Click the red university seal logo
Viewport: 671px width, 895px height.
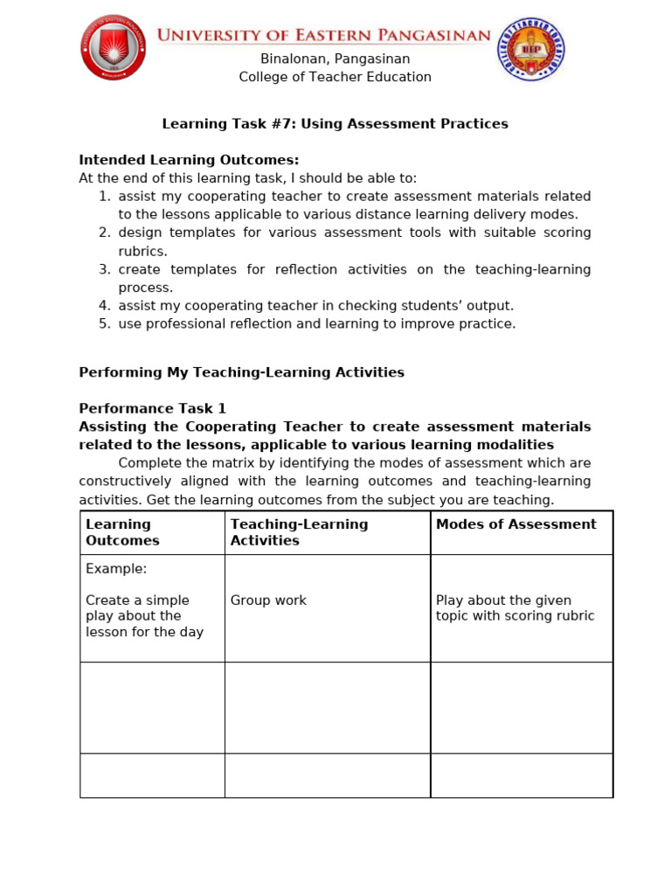[x=113, y=48]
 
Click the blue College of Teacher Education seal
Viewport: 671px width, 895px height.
[x=530, y=50]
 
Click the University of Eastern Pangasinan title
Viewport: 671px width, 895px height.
[x=323, y=35]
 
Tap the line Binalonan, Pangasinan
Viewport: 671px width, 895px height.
[x=335, y=59]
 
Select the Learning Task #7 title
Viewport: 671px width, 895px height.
[x=335, y=124]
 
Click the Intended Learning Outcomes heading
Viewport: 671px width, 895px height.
[x=189, y=160]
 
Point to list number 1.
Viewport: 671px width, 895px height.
[x=104, y=197]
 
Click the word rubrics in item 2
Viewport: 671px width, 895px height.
[x=142, y=252]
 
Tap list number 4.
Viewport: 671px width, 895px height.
[x=104, y=306]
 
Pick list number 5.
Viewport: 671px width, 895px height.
[x=104, y=324]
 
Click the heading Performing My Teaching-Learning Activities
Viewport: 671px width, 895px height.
[x=241, y=372]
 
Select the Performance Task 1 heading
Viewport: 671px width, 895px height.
[x=152, y=408]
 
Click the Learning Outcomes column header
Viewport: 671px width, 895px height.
[x=122, y=532]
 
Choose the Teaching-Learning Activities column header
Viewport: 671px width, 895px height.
[x=299, y=532]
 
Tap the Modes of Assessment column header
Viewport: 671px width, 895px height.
[x=515, y=524]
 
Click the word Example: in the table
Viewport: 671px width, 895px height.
[x=116, y=569]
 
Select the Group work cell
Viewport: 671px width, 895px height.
[x=268, y=600]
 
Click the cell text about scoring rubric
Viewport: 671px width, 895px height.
[x=515, y=608]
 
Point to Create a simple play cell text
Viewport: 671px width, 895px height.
[x=144, y=616]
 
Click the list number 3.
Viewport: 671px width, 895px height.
[x=104, y=270]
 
